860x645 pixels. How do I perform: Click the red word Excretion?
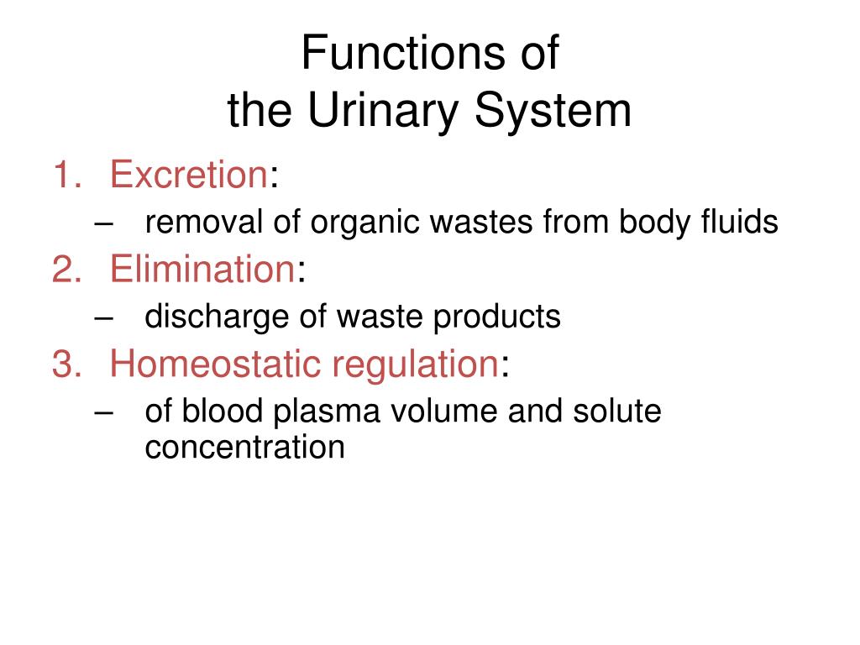coord(188,176)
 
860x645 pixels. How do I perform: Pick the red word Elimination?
coord(201,270)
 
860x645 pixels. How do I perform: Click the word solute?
coord(617,412)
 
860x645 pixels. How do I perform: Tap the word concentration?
coord(244,447)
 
